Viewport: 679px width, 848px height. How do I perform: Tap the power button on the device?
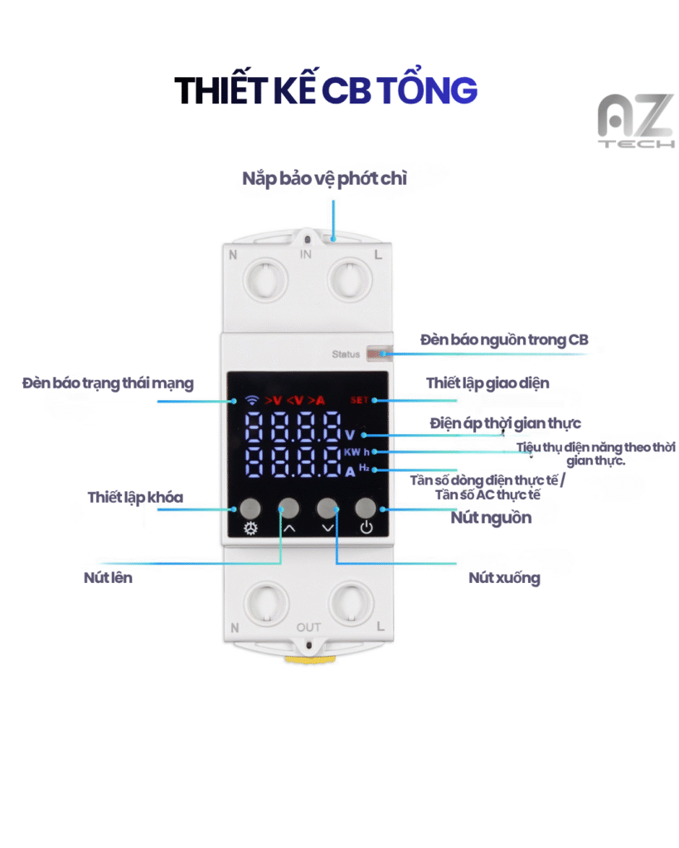point(366,508)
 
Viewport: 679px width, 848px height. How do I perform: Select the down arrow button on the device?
point(328,508)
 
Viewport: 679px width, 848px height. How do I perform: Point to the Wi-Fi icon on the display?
point(250,400)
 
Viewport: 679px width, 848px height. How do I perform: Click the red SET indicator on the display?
point(360,400)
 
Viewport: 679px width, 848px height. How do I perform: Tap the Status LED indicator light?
point(377,354)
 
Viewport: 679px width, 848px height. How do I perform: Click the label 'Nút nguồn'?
point(491,518)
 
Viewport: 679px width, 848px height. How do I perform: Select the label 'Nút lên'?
point(108,577)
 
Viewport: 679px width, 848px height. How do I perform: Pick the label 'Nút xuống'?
point(504,578)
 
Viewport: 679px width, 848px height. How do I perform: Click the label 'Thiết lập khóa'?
point(135,497)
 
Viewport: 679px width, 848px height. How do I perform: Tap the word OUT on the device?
point(308,628)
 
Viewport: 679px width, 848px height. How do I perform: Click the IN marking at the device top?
point(306,254)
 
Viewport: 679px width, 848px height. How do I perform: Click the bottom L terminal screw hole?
point(347,603)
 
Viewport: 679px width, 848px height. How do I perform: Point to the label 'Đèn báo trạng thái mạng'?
point(108,383)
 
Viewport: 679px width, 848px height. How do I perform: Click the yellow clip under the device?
point(308,660)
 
